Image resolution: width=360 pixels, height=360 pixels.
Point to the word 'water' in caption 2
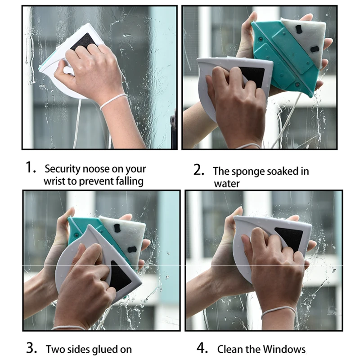(227, 184)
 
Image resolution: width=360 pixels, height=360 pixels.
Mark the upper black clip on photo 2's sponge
(299, 29)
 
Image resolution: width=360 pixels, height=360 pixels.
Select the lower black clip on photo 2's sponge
(315, 49)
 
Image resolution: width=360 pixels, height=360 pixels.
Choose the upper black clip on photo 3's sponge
(117, 228)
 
